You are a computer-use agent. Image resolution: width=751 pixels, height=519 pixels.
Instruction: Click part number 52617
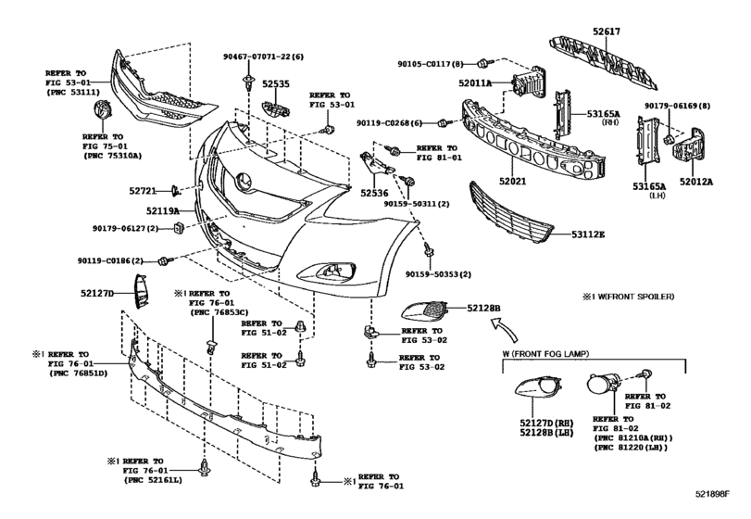pos(606,32)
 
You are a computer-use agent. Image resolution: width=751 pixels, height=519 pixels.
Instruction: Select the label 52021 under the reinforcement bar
pos(512,181)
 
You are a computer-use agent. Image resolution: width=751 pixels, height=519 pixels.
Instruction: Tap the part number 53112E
pos(588,234)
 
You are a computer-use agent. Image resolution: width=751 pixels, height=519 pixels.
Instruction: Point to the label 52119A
pos(163,210)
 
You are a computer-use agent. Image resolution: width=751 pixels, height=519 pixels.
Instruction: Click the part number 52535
pos(275,83)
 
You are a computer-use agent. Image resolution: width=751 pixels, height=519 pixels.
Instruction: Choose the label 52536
pos(374,193)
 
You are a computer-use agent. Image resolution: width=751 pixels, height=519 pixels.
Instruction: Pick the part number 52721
pos(143,191)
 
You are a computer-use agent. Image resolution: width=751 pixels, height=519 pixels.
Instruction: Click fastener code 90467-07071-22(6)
pos(263,57)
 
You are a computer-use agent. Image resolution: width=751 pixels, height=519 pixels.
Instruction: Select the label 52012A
pos(696,182)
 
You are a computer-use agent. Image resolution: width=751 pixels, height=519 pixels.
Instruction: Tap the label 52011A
pos(475,82)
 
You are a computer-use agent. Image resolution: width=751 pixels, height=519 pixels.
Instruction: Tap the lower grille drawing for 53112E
pos(511,209)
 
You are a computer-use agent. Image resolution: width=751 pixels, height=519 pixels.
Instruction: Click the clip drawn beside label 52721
pos(176,191)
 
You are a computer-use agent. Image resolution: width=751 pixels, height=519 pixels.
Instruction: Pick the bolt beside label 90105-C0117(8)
pos(483,63)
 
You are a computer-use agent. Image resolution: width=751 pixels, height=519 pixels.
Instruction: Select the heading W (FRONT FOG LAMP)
pos(545,354)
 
